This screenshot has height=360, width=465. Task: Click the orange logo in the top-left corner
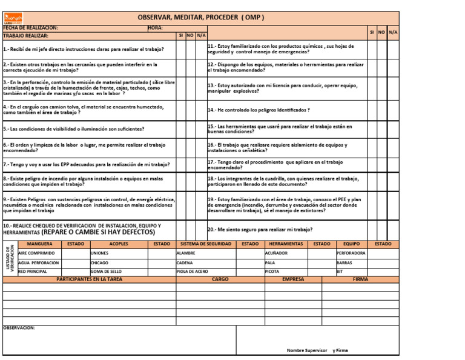13,18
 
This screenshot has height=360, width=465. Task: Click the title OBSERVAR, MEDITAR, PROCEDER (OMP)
201,17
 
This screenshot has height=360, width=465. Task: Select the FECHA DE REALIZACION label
31,28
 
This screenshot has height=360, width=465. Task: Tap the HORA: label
155,28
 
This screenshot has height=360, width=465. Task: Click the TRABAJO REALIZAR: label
26,36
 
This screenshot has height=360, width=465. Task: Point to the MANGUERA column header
40,244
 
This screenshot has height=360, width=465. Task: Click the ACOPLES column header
119,244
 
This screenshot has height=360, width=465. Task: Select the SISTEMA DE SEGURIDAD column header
206,244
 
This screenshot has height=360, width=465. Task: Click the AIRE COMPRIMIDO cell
37,253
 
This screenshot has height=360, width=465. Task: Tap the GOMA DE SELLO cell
106,272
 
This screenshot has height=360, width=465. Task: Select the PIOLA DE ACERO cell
192,272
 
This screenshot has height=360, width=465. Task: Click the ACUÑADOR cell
277,253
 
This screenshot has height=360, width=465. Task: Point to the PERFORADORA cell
351,253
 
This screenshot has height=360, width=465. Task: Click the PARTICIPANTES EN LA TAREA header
89,279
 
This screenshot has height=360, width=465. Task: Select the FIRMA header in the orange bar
360,279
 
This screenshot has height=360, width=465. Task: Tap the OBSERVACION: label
19,328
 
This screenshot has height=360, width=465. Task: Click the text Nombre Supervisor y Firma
317,350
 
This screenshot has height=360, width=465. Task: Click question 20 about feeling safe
260,230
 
